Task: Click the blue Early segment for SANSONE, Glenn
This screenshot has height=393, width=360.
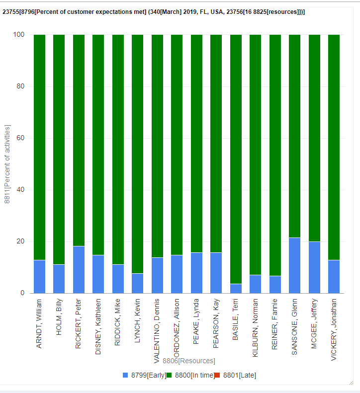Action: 295,265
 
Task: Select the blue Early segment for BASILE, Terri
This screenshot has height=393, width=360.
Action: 236,289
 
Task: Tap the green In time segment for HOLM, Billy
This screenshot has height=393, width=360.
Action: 59,149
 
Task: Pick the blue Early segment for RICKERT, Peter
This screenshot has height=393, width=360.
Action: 79,269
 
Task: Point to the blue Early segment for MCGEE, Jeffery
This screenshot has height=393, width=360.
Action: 314,267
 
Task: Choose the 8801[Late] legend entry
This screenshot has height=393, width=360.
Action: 239,375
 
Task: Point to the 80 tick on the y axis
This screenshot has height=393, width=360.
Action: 20,86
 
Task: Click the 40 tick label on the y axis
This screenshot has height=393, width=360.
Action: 20,190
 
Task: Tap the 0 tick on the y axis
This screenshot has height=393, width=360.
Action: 22,293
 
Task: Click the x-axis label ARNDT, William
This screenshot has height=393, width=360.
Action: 40,323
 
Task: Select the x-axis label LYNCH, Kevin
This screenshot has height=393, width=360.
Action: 137,321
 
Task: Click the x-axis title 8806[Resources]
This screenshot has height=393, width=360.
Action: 188,361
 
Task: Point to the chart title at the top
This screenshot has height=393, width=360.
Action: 154,12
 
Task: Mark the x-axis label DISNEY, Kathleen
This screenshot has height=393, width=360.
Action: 98,326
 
